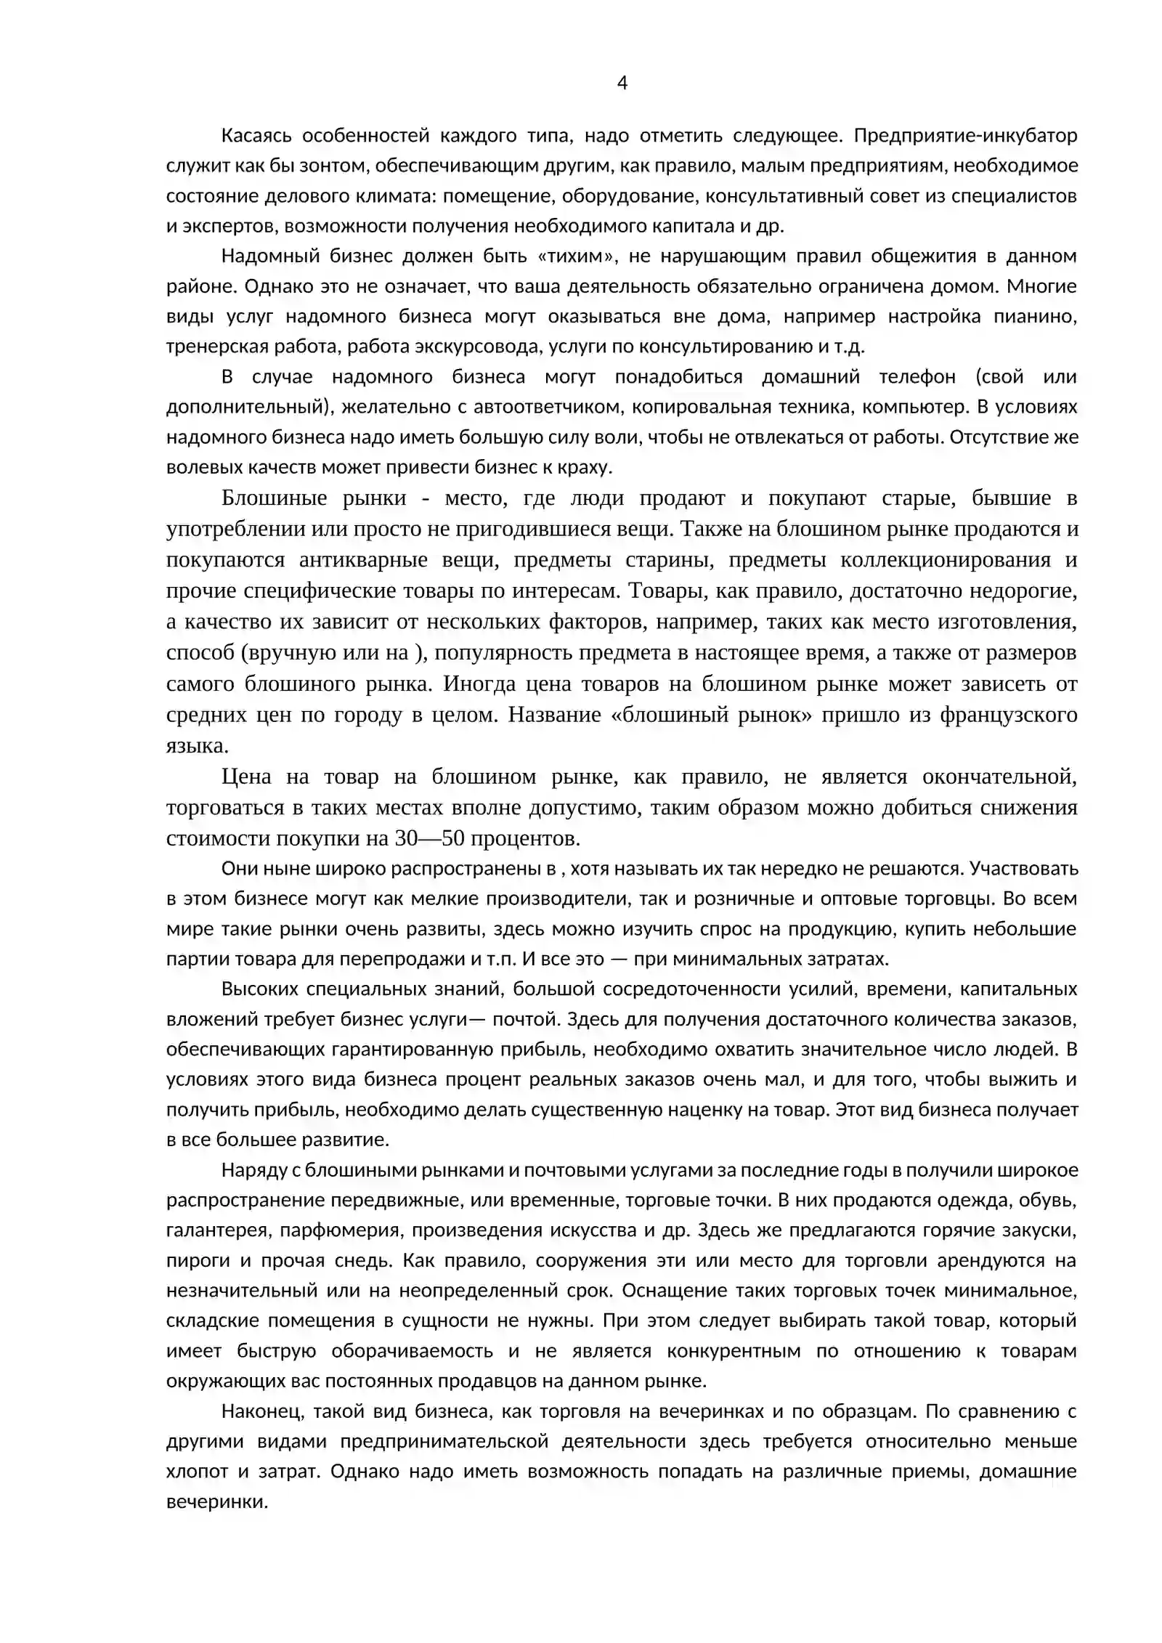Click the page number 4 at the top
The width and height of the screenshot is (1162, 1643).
point(622,84)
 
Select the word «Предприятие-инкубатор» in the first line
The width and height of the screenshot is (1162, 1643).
point(965,136)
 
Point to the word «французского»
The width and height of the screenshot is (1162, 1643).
point(1008,715)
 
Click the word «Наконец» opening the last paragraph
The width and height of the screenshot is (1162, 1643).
point(257,1411)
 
